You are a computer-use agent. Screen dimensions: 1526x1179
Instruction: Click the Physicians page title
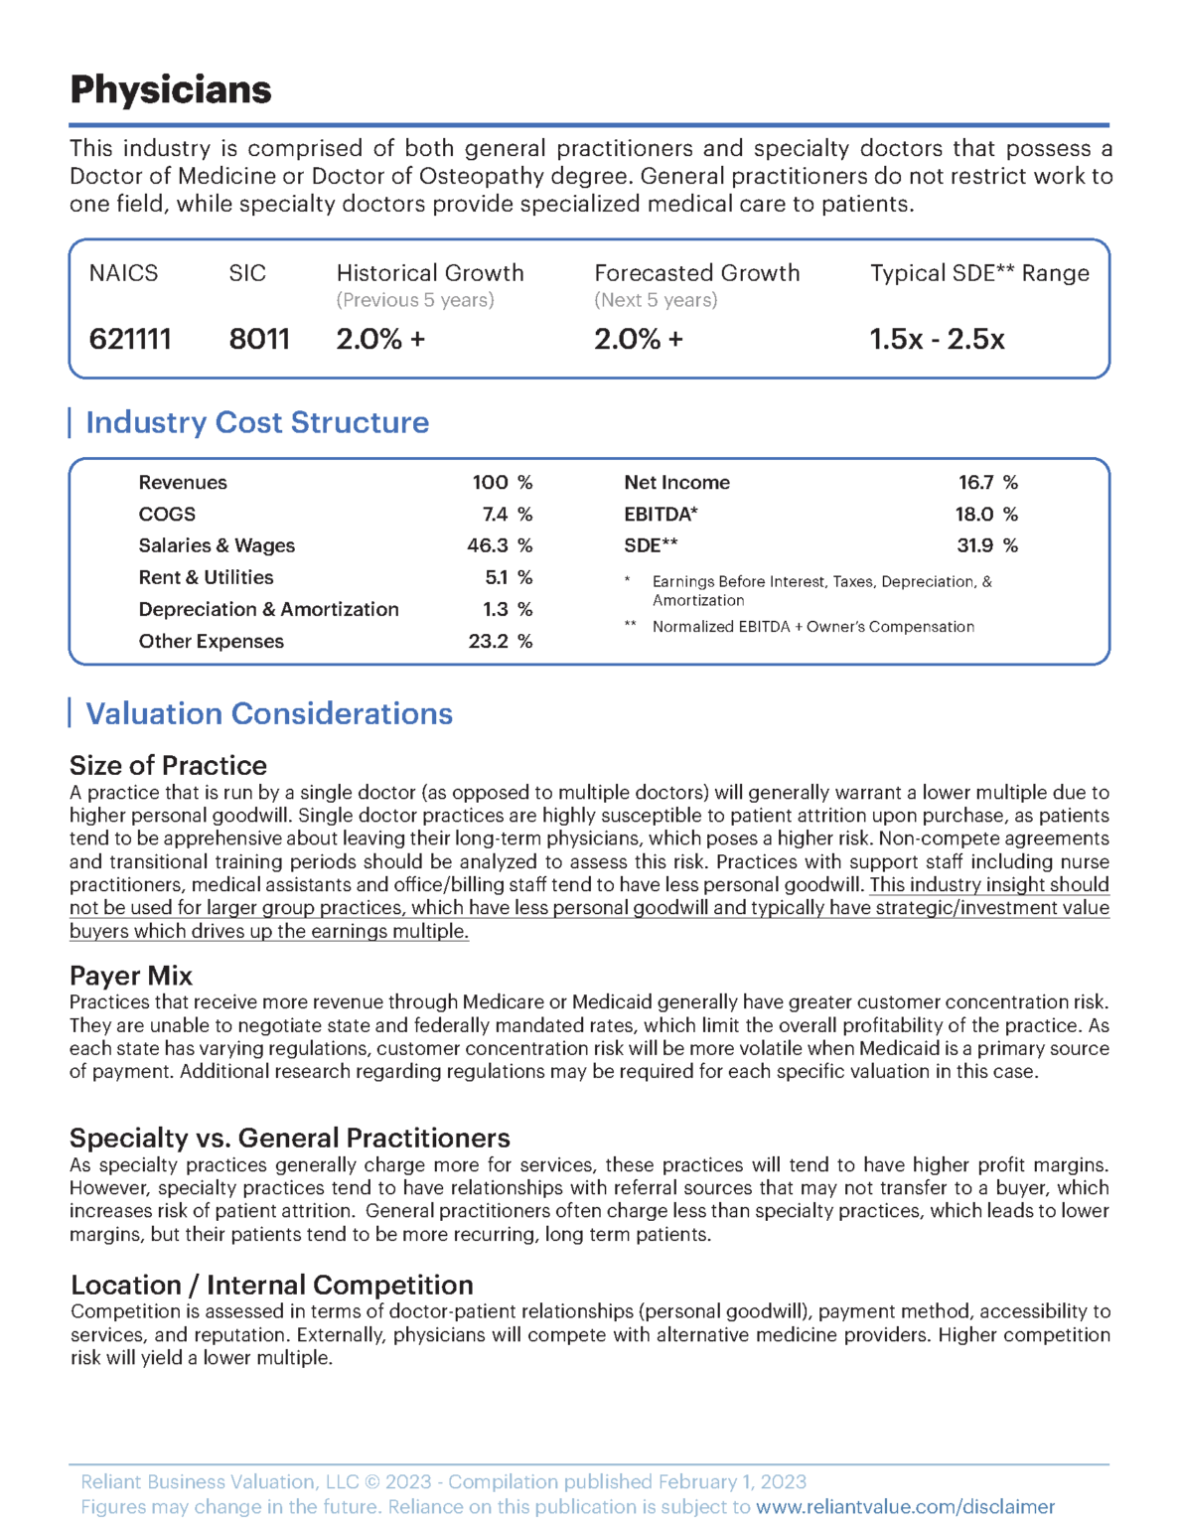[170, 89]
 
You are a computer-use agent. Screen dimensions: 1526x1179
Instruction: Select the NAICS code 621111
[130, 340]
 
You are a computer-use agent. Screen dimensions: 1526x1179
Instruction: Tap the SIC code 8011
[259, 340]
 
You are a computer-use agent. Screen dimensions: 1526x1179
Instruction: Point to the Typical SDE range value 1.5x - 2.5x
[937, 340]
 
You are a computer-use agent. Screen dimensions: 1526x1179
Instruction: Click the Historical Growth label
[429, 273]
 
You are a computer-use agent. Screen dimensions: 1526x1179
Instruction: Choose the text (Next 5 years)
[656, 300]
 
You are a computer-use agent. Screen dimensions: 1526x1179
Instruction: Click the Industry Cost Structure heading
[257, 422]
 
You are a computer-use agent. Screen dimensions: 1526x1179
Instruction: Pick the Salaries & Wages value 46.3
[488, 545]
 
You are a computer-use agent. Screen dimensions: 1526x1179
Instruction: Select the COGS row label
[167, 515]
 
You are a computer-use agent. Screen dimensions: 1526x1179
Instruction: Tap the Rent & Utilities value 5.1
[497, 577]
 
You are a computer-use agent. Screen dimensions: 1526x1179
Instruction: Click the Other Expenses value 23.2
[488, 642]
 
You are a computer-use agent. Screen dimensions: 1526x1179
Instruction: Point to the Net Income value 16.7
[975, 483]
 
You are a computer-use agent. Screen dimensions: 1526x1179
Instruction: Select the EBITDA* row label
[661, 515]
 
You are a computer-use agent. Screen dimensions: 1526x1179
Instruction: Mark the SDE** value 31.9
[974, 545]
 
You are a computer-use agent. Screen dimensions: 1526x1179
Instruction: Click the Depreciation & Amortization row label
[268, 610]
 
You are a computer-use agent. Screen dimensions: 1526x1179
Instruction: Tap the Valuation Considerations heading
[269, 713]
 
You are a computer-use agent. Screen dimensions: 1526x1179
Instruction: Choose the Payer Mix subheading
[131, 976]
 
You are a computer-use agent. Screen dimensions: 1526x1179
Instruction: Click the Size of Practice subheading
[168, 765]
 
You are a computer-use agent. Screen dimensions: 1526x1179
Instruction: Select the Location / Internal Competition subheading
[271, 1285]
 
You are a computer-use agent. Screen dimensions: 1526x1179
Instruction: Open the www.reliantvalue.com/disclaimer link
[905, 1507]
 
